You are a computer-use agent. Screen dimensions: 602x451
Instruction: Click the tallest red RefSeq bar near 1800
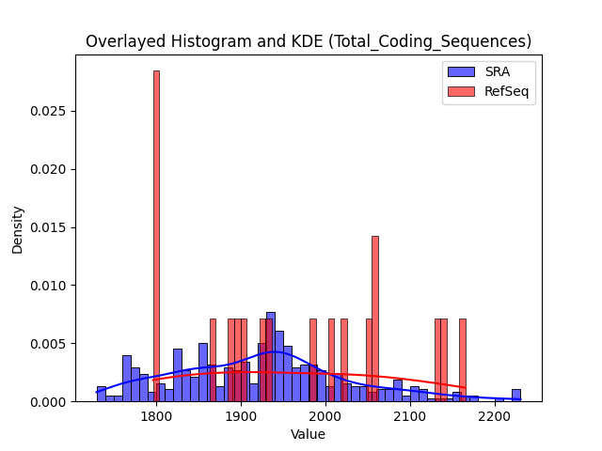(156, 236)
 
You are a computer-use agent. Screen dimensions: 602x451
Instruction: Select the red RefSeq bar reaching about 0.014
(375, 319)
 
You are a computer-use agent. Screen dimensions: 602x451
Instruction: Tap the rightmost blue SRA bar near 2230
(516, 396)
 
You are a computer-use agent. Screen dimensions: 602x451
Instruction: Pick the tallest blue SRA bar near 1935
(271, 357)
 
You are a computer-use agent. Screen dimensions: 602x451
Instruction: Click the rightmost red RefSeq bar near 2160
(463, 360)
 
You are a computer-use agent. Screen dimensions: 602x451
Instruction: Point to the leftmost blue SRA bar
(102, 394)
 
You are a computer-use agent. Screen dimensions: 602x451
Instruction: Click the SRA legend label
(498, 71)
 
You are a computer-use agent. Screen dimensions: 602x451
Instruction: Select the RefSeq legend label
(506, 91)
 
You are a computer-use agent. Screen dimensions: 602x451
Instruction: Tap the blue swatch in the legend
(461, 71)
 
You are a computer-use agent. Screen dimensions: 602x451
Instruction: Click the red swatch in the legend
(461, 91)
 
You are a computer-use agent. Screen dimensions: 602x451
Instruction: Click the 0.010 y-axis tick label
(48, 286)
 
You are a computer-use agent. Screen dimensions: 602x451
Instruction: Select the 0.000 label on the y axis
(48, 402)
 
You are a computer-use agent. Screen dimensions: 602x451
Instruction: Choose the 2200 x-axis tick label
(495, 416)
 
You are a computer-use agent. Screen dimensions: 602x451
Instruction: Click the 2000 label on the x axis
(325, 416)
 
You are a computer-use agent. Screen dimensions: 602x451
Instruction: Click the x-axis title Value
(308, 434)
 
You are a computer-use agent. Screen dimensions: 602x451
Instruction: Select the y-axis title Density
(17, 230)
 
